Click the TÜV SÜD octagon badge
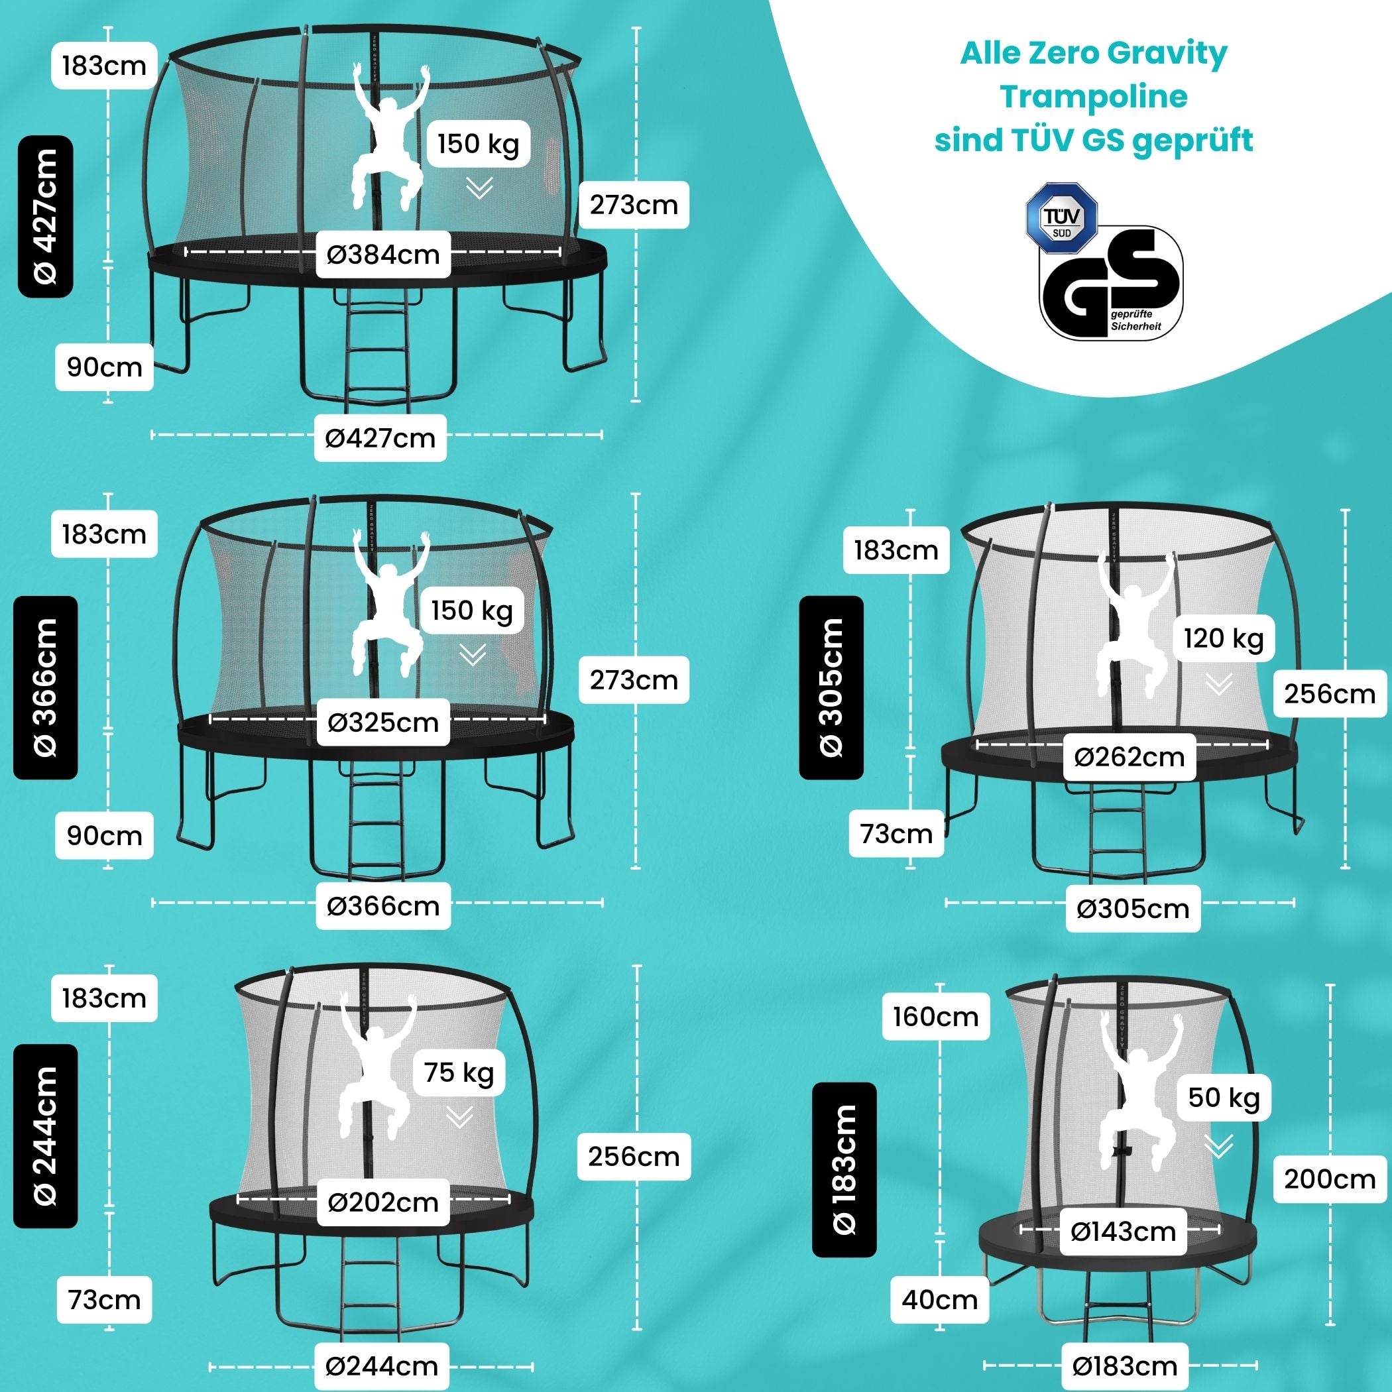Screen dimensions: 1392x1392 pyautogui.click(x=1061, y=218)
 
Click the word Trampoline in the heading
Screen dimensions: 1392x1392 pyautogui.click(x=1094, y=97)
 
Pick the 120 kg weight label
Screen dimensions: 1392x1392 pyautogui.click(x=1224, y=638)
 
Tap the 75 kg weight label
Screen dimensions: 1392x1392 pyautogui.click(x=459, y=1072)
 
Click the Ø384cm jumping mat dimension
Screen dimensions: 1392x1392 pyautogui.click(x=382, y=255)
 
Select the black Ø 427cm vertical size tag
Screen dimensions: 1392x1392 pyautogui.click(x=45, y=216)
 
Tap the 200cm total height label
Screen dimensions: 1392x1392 pyautogui.click(x=1329, y=1179)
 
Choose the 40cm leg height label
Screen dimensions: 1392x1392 pyautogui.click(x=939, y=1300)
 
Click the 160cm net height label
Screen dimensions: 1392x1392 pyautogui.click(x=936, y=1017)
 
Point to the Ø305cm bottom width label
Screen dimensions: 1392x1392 pyautogui.click(x=1133, y=909)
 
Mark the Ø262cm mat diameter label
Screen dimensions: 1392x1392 pyautogui.click(x=1129, y=756)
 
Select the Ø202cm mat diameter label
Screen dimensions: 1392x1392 pyautogui.click(x=382, y=1202)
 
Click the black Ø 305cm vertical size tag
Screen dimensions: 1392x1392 pyautogui.click(x=831, y=687)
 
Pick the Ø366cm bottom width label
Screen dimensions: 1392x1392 pyautogui.click(x=382, y=905)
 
